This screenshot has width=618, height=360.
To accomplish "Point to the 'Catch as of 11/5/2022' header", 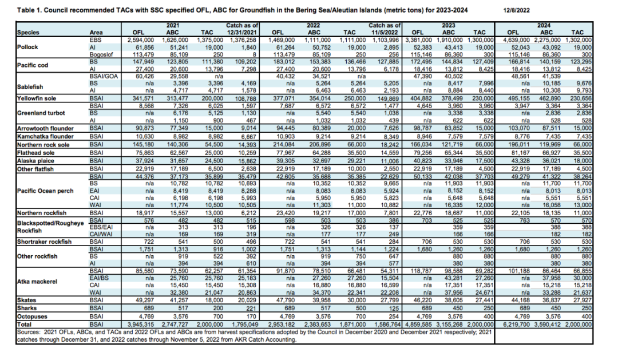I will pyautogui.click(x=385, y=29).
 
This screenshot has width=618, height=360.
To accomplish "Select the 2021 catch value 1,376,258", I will pyautogui.click(x=244, y=40).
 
